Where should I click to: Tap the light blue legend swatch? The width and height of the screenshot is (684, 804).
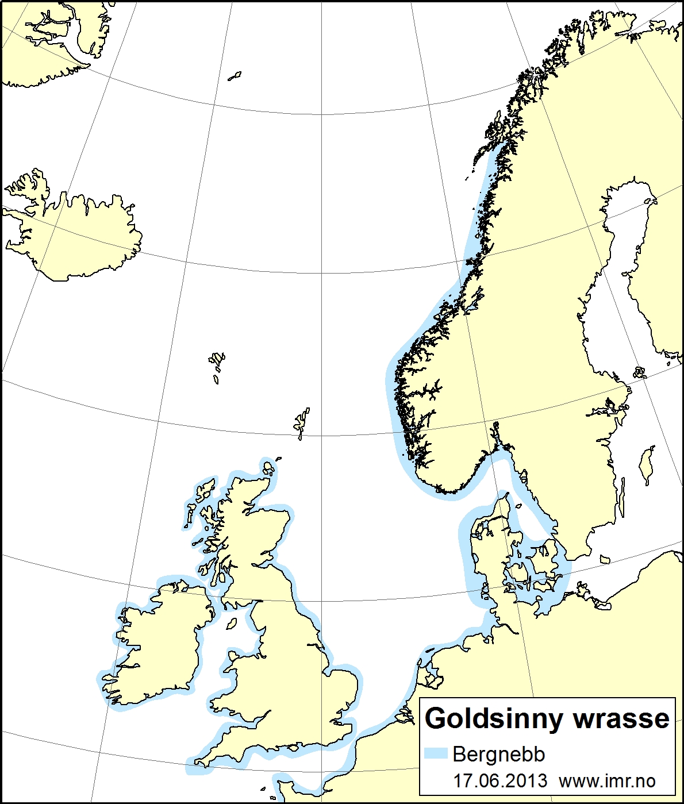point(436,754)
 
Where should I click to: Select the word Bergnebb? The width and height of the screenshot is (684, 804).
point(498,754)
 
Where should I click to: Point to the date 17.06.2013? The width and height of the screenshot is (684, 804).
point(500,780)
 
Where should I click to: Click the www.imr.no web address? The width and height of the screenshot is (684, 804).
point(607,780)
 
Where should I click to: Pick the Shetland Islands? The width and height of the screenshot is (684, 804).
point(302,422)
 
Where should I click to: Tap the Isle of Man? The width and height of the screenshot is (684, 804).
point(232,623)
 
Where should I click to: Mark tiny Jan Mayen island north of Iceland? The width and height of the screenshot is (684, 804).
point(235,76)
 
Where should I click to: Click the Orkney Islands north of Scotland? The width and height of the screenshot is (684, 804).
point(268,468)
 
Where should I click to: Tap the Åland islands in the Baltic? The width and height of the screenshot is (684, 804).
point(640,372)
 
